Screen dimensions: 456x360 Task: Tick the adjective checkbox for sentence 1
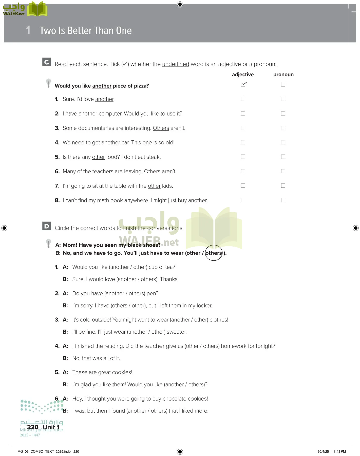click(x=243, y=99)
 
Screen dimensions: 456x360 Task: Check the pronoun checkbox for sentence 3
click(x=283, y=128)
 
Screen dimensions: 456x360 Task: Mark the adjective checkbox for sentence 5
click(x=243, y=157)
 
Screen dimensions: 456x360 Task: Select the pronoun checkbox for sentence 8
click(x=283, y=200)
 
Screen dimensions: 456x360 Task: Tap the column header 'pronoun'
click(x=283, y=74)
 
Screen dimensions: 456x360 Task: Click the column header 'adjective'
click(x=243, y=74)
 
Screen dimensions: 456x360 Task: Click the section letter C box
click(x=46, y=62)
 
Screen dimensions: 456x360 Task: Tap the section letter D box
click(x=46, y=226)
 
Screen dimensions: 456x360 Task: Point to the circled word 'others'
click(x=214, y=253)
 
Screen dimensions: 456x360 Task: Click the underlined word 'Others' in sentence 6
click(x=152, y=172)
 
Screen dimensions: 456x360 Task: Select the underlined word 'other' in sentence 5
click(x=98, y=157)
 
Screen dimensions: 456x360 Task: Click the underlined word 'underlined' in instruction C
click(x=176, y=64)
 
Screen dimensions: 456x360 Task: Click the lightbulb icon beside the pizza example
click(x=48, y=83)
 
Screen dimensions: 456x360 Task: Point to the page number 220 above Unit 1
click(x=33, y=427)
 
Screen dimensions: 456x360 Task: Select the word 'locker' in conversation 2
click(x=204, y=306)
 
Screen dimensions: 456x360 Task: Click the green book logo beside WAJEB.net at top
click(x=37, y=9)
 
